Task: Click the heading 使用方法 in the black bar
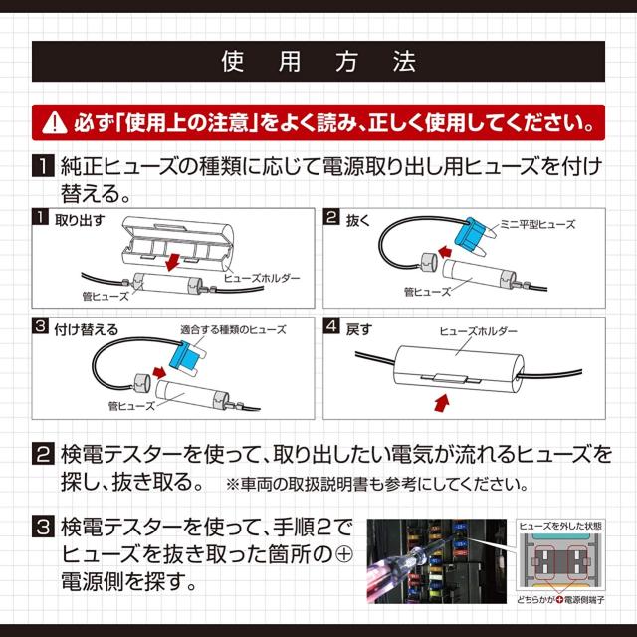(x=318, y=61)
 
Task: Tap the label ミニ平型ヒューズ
(x=537, y=225)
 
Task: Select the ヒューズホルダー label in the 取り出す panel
(x=262, y=279)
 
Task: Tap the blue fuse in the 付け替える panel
(x=186, y=354)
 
